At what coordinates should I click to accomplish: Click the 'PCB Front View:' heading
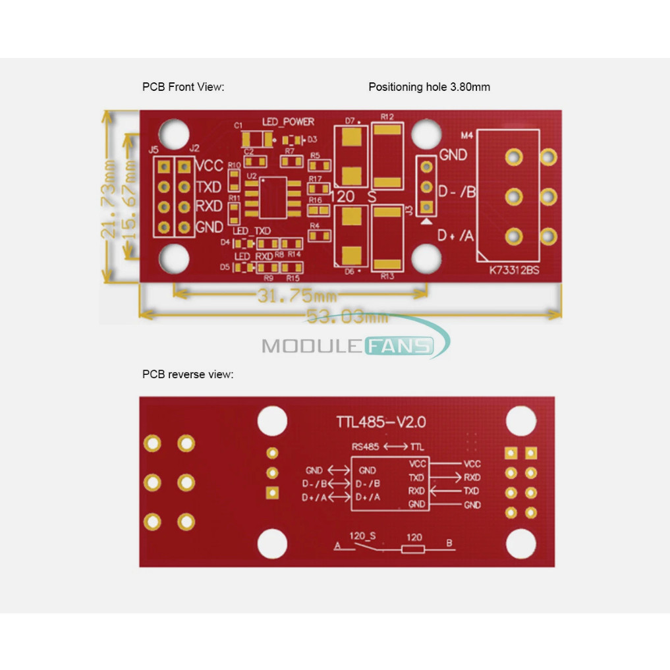183,86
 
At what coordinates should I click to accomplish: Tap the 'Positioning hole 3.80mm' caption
429,86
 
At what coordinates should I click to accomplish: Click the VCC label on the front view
209,165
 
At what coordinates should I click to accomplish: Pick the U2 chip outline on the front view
272,197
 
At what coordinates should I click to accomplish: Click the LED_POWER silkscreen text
288,122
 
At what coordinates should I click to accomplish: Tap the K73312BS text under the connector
514,270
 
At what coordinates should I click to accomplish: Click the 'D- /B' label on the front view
457,192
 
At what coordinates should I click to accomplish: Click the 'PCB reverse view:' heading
188,374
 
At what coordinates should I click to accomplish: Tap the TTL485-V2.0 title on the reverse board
381,422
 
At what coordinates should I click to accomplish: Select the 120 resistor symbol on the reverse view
413,547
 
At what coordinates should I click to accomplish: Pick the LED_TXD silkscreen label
252,231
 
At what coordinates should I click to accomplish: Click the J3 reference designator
409,210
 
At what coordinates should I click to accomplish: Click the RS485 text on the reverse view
365,447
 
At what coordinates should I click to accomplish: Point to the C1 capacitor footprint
257,139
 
